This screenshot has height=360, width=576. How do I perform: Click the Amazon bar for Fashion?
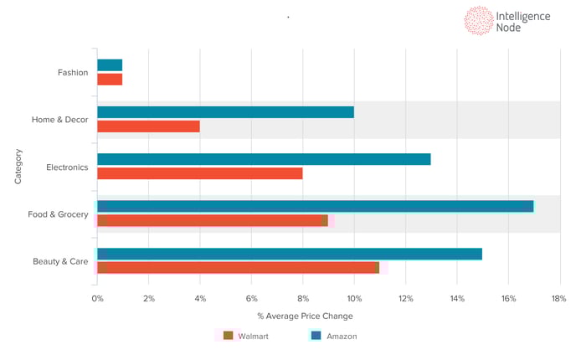[110, 65]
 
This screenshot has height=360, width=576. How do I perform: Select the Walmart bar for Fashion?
[110, 80]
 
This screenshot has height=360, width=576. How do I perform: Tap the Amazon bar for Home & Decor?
[225, 112]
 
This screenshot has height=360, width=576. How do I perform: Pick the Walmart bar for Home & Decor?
[148, 126]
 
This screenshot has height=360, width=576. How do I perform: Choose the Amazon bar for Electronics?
[264, 159]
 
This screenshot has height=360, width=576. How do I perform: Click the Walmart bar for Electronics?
[199, 173]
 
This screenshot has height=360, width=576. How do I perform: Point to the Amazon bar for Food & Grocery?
[315, 206]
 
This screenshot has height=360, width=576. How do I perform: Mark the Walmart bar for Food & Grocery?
[213, 220]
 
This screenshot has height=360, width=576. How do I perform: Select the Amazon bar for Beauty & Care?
[290, 254]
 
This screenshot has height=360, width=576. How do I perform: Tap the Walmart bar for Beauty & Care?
[238, 268]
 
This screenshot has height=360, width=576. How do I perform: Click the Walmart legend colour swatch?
[228, 336]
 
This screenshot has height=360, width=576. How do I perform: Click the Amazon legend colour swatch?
[316, 336]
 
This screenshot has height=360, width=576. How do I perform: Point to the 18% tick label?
[558, 299]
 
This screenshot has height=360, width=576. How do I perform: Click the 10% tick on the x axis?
[354, 299]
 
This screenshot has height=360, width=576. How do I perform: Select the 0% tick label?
[98, 299]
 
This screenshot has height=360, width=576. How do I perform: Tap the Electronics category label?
[67, 167]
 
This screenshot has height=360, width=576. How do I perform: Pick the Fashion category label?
[73, 73]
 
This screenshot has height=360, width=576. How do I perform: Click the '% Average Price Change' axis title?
[305, 316]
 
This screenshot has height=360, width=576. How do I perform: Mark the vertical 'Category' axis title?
[18, 167]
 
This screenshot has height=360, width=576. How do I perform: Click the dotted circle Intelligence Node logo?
[479, 21]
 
